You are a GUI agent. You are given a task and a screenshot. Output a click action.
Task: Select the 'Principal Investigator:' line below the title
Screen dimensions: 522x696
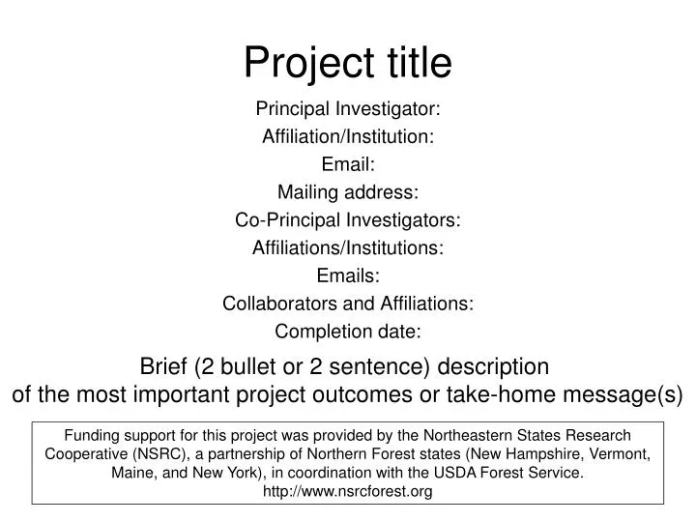pyautogui.click(x=348, y=108)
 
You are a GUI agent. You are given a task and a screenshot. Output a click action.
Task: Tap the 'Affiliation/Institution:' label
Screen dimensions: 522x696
pyautogui.click(x=348, y=136)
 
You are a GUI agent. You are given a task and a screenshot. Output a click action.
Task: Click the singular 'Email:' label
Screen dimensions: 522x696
pyautogui.click(x=348, y=164)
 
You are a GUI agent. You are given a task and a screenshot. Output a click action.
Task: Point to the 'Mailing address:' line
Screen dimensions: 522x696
pyautogui.click(x=348, y=192)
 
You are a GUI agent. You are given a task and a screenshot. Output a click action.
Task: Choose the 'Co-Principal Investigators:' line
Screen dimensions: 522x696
pyautogui.click(x=348, y=220)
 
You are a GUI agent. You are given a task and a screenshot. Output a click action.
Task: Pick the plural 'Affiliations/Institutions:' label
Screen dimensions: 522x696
pyautogui.click(x=348, y=248)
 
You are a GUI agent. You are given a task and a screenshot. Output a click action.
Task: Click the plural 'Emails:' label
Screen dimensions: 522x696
pyautogui.click(x=348, y=276)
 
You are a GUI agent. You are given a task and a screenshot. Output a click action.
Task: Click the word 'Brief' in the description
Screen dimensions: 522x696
pyautogui.click(x=165, y=367)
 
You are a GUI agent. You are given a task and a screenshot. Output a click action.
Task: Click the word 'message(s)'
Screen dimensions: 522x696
pyautogui.click(x=633, y=395)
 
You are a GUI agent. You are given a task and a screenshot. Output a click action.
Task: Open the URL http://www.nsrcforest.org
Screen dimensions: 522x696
pyautogui.click(x=348, y=491)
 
